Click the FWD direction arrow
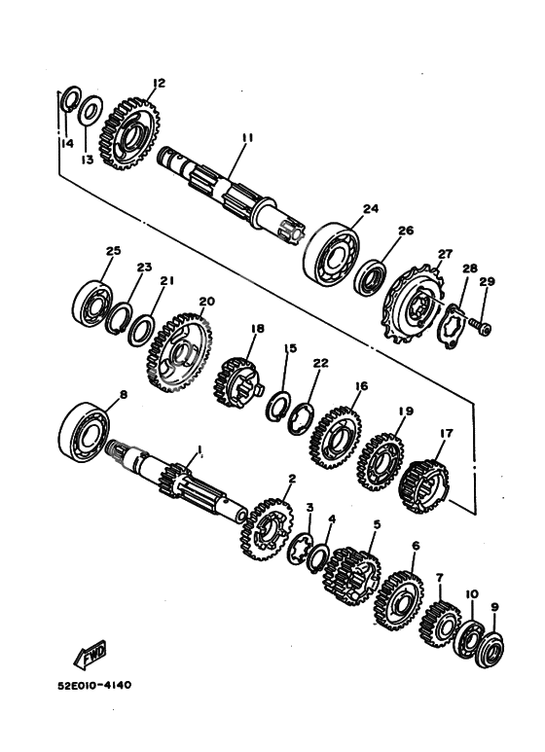coord(91,655)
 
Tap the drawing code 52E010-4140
coord(94,685)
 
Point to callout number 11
coord(247,138)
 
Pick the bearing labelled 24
coord(332,255)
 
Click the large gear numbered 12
coord(130,133)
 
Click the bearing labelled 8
coord(84,432)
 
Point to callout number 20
coord(206,302)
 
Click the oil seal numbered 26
coord(371,277)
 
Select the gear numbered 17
coord(424,485)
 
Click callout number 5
coord(377,524)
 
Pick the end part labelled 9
coord(490,650)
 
